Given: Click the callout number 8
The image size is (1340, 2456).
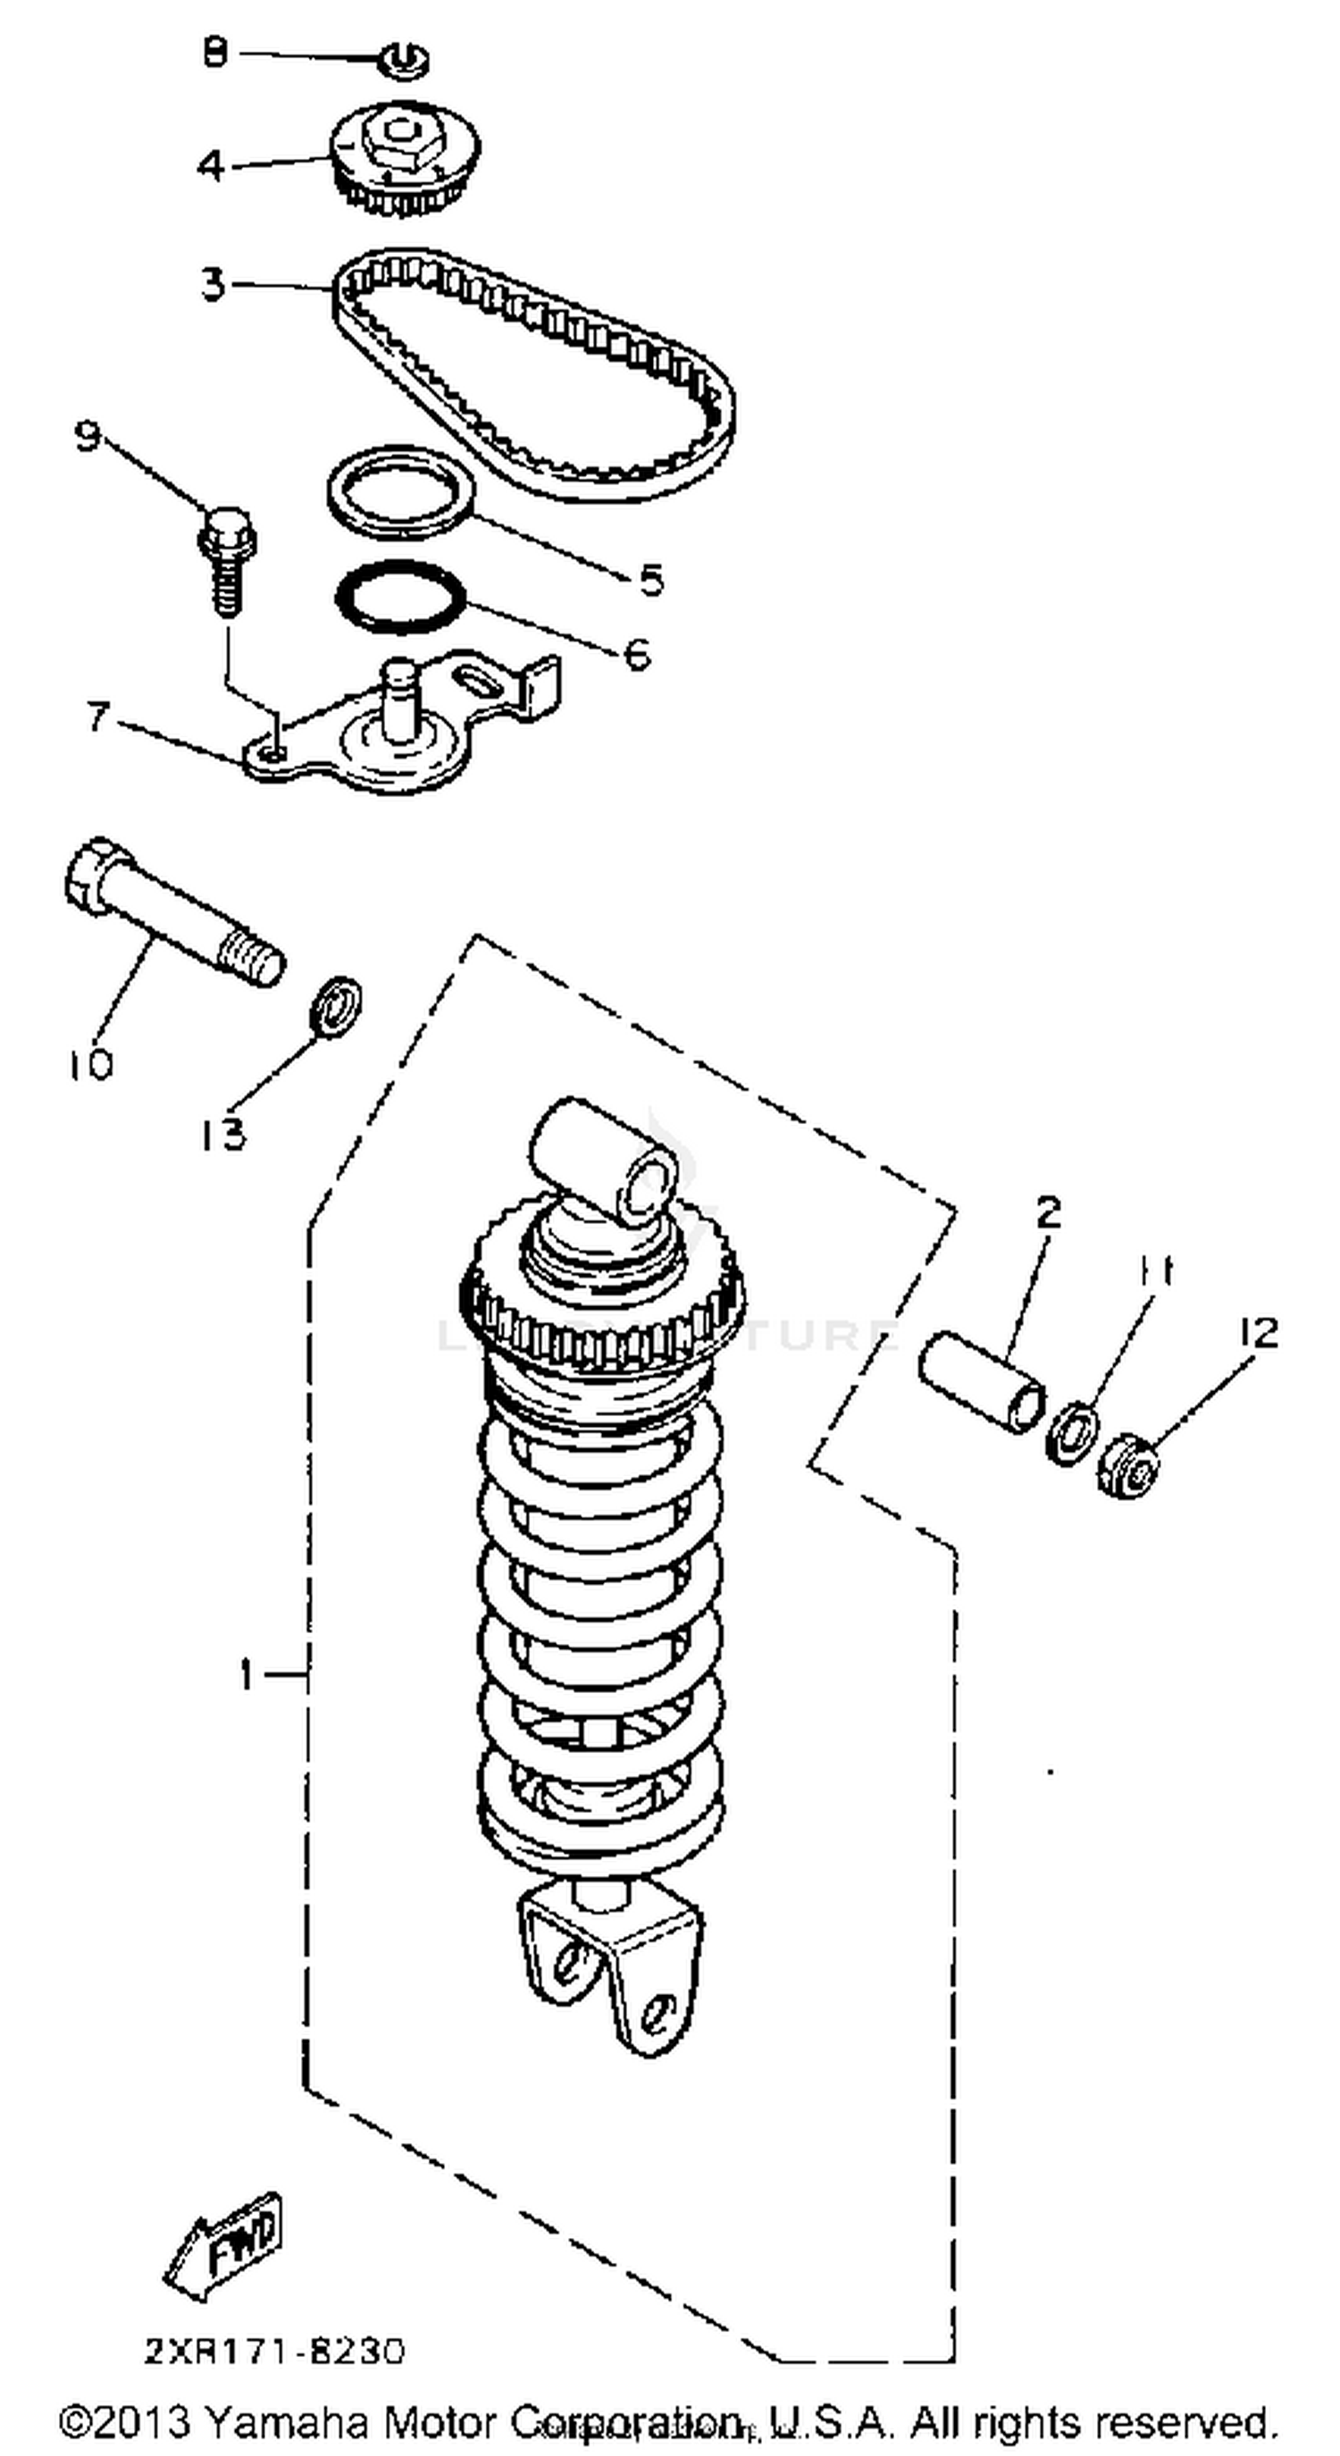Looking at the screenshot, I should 215,54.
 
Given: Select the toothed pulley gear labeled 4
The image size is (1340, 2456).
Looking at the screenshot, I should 405,157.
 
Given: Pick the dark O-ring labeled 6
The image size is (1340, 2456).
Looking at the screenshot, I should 401,598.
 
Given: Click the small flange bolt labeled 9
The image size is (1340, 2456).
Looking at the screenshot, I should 226,560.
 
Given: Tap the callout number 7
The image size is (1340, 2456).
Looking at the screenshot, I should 98,717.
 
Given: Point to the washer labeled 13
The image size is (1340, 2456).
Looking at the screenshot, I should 338,1005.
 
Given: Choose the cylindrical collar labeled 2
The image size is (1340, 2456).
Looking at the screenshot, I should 982,1381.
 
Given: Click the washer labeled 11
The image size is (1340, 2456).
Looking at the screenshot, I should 1071,1433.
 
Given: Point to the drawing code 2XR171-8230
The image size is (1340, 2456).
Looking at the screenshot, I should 274,2351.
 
